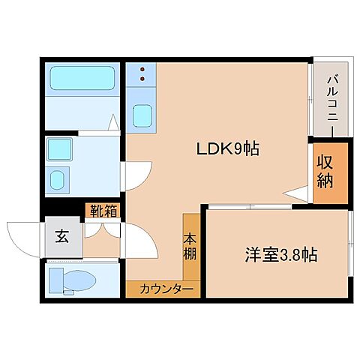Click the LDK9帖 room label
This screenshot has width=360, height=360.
(x=228, y=148)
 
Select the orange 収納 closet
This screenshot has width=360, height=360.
(x=329, y=172)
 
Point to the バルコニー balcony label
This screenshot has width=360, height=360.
(x=331, y=98)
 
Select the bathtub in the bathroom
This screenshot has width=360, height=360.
(x=82, y=78)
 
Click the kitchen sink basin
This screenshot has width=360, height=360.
(x=142, y=115)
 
